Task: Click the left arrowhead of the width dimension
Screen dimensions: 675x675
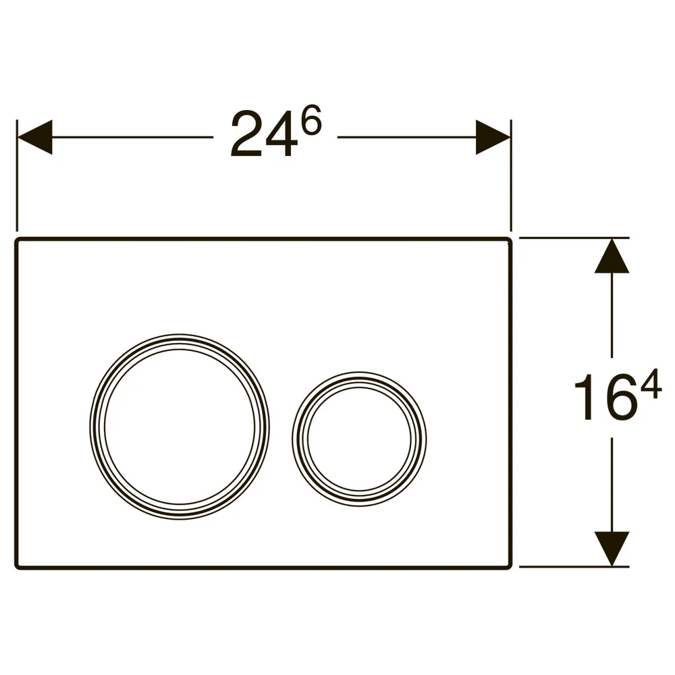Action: tap(34, 137)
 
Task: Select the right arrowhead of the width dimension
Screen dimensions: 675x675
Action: tap(493, 137)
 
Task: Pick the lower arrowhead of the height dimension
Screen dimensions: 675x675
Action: tap(612, 549)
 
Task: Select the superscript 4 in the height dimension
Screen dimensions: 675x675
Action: tap(651, 383)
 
